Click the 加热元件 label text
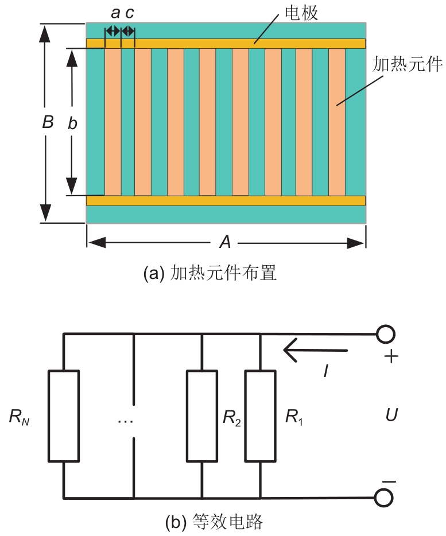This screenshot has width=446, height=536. (x=406, y=64)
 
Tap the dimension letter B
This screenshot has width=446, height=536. (x=48, y=122)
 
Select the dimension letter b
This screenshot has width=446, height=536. (x=72, y=122)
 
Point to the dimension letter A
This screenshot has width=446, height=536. (x=226, y=243)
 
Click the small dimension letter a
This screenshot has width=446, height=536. (x=115, y=13)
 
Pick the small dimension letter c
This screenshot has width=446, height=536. (x=130, y=13)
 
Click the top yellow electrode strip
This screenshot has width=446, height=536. (x=226, y=44)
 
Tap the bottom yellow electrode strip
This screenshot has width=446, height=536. (x=226, y=200)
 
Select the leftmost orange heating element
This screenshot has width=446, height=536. (x=113, y=122)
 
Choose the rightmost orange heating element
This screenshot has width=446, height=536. (x=337, y=122)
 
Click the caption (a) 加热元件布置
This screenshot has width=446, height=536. (x=210, y=273)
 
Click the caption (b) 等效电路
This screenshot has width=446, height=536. (x=214, y=522)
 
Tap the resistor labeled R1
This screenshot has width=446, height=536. (x=260, y=416)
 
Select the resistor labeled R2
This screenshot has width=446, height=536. (x=202, y=416)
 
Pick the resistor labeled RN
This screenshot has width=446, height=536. (x=63, y=416)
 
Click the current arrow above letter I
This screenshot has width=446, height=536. (x=315, y=350)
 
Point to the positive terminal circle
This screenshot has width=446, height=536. (x=385, y=334)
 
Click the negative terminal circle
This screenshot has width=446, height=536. (x=385, y=498)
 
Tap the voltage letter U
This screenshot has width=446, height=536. (x=391, y=415)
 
